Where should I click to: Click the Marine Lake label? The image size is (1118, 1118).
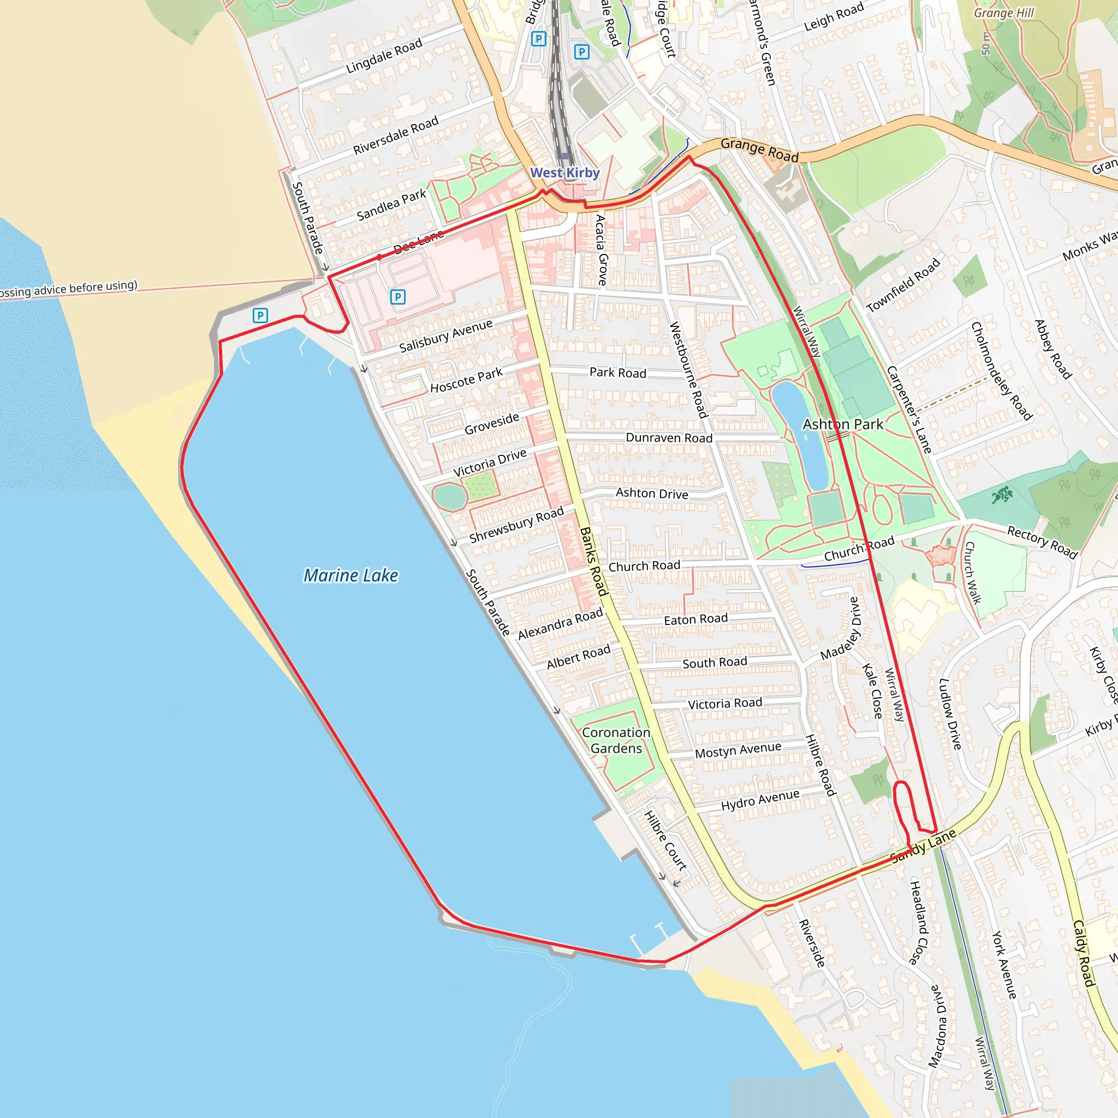(350, 575)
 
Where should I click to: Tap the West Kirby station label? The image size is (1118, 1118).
(565, 173)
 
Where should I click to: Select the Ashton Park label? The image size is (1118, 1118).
(842, 424)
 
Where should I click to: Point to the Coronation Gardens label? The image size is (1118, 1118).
(616, 740)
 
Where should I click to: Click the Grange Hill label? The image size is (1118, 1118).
(1003, 13)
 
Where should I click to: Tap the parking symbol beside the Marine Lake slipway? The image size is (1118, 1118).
(260, 316)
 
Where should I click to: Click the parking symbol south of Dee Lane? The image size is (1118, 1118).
(397, 297)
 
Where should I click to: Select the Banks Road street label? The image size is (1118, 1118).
(594, 561)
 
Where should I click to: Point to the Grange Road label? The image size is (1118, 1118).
(759, 151)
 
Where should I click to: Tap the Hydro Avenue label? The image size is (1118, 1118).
(760, 800)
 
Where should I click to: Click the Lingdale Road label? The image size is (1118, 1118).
(384, 56)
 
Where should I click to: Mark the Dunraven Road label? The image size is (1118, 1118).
(669, 437)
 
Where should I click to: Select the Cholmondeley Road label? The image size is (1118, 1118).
(1002, 371)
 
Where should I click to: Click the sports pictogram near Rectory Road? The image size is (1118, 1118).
(1002, 495)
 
